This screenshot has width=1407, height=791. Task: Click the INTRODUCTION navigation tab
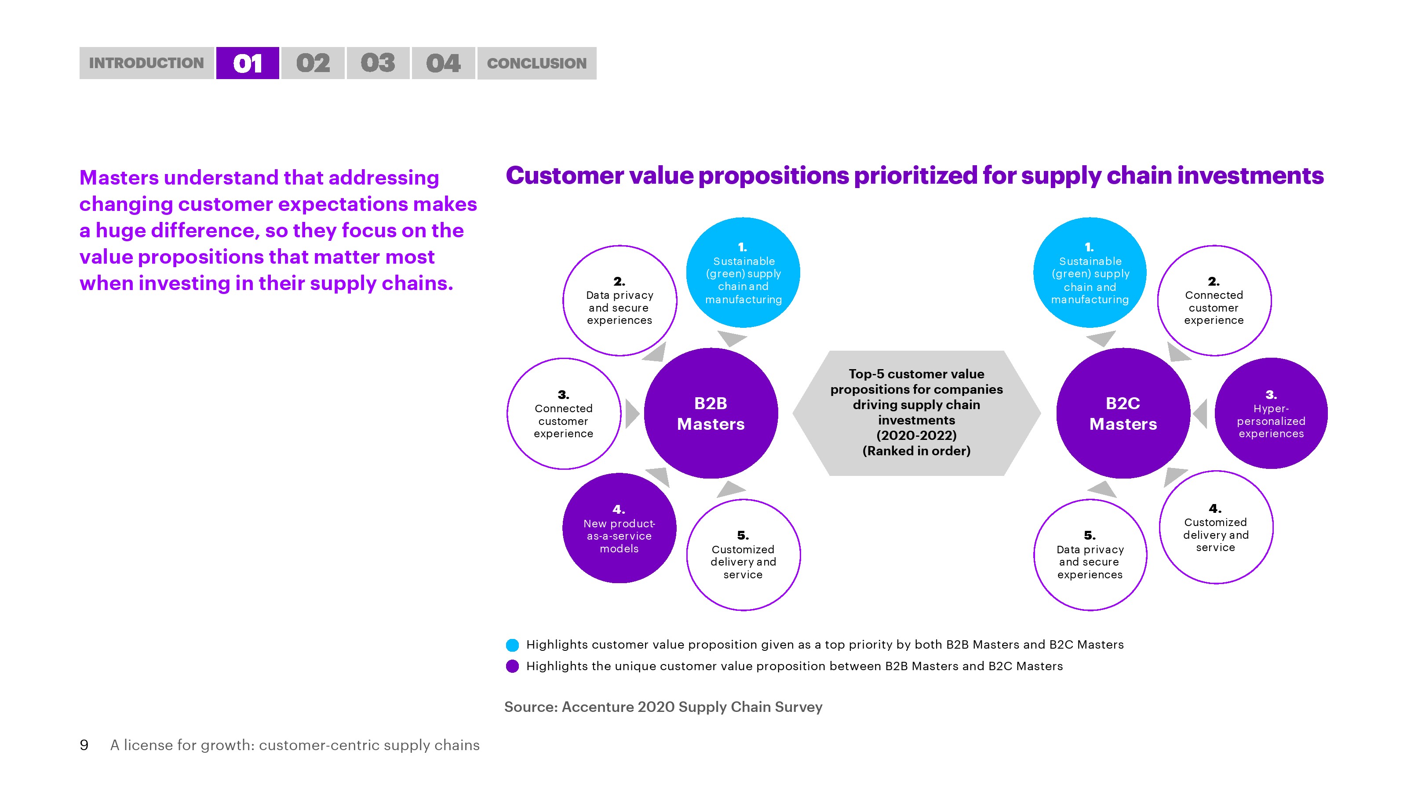tap(146, 63)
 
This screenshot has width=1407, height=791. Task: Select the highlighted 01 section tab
tap(248, 63)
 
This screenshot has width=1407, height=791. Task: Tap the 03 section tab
tap(378, 63)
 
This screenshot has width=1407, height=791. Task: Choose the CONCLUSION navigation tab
tap(537, 63)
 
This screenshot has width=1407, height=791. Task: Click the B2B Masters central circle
tap(711, 413)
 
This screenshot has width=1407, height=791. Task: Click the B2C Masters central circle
tap(1123, 413)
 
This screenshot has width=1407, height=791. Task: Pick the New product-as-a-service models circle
tap(620, 528)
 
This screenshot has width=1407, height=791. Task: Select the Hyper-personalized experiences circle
tap(1271, 413)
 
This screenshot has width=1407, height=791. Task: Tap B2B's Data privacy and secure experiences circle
tap(620, 301)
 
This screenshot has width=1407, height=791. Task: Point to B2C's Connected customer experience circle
tap(1214, 301)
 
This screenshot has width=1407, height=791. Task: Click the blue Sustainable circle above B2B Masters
tap(743, 272)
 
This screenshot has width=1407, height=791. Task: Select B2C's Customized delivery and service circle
tap(1216, 527)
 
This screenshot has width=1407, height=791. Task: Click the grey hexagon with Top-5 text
tap(916, 413)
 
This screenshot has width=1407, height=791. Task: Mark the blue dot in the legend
tap(512, 645)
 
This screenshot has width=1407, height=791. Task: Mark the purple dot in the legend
tap(512, 667)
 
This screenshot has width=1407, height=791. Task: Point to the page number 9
tap(84, 745)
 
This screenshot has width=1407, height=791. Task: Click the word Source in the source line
tap(530, 707)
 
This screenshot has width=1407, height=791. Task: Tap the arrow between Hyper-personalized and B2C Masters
tap(1200, 413)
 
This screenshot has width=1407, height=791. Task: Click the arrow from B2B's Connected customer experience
tap(633, 413)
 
